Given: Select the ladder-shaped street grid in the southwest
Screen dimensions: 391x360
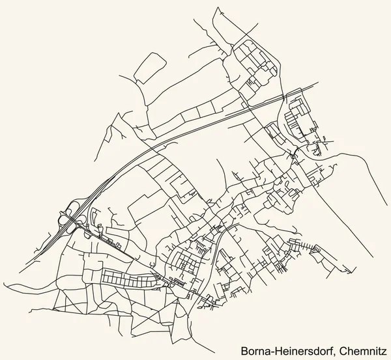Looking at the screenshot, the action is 130,279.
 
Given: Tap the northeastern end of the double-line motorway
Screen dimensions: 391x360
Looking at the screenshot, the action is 317,84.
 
